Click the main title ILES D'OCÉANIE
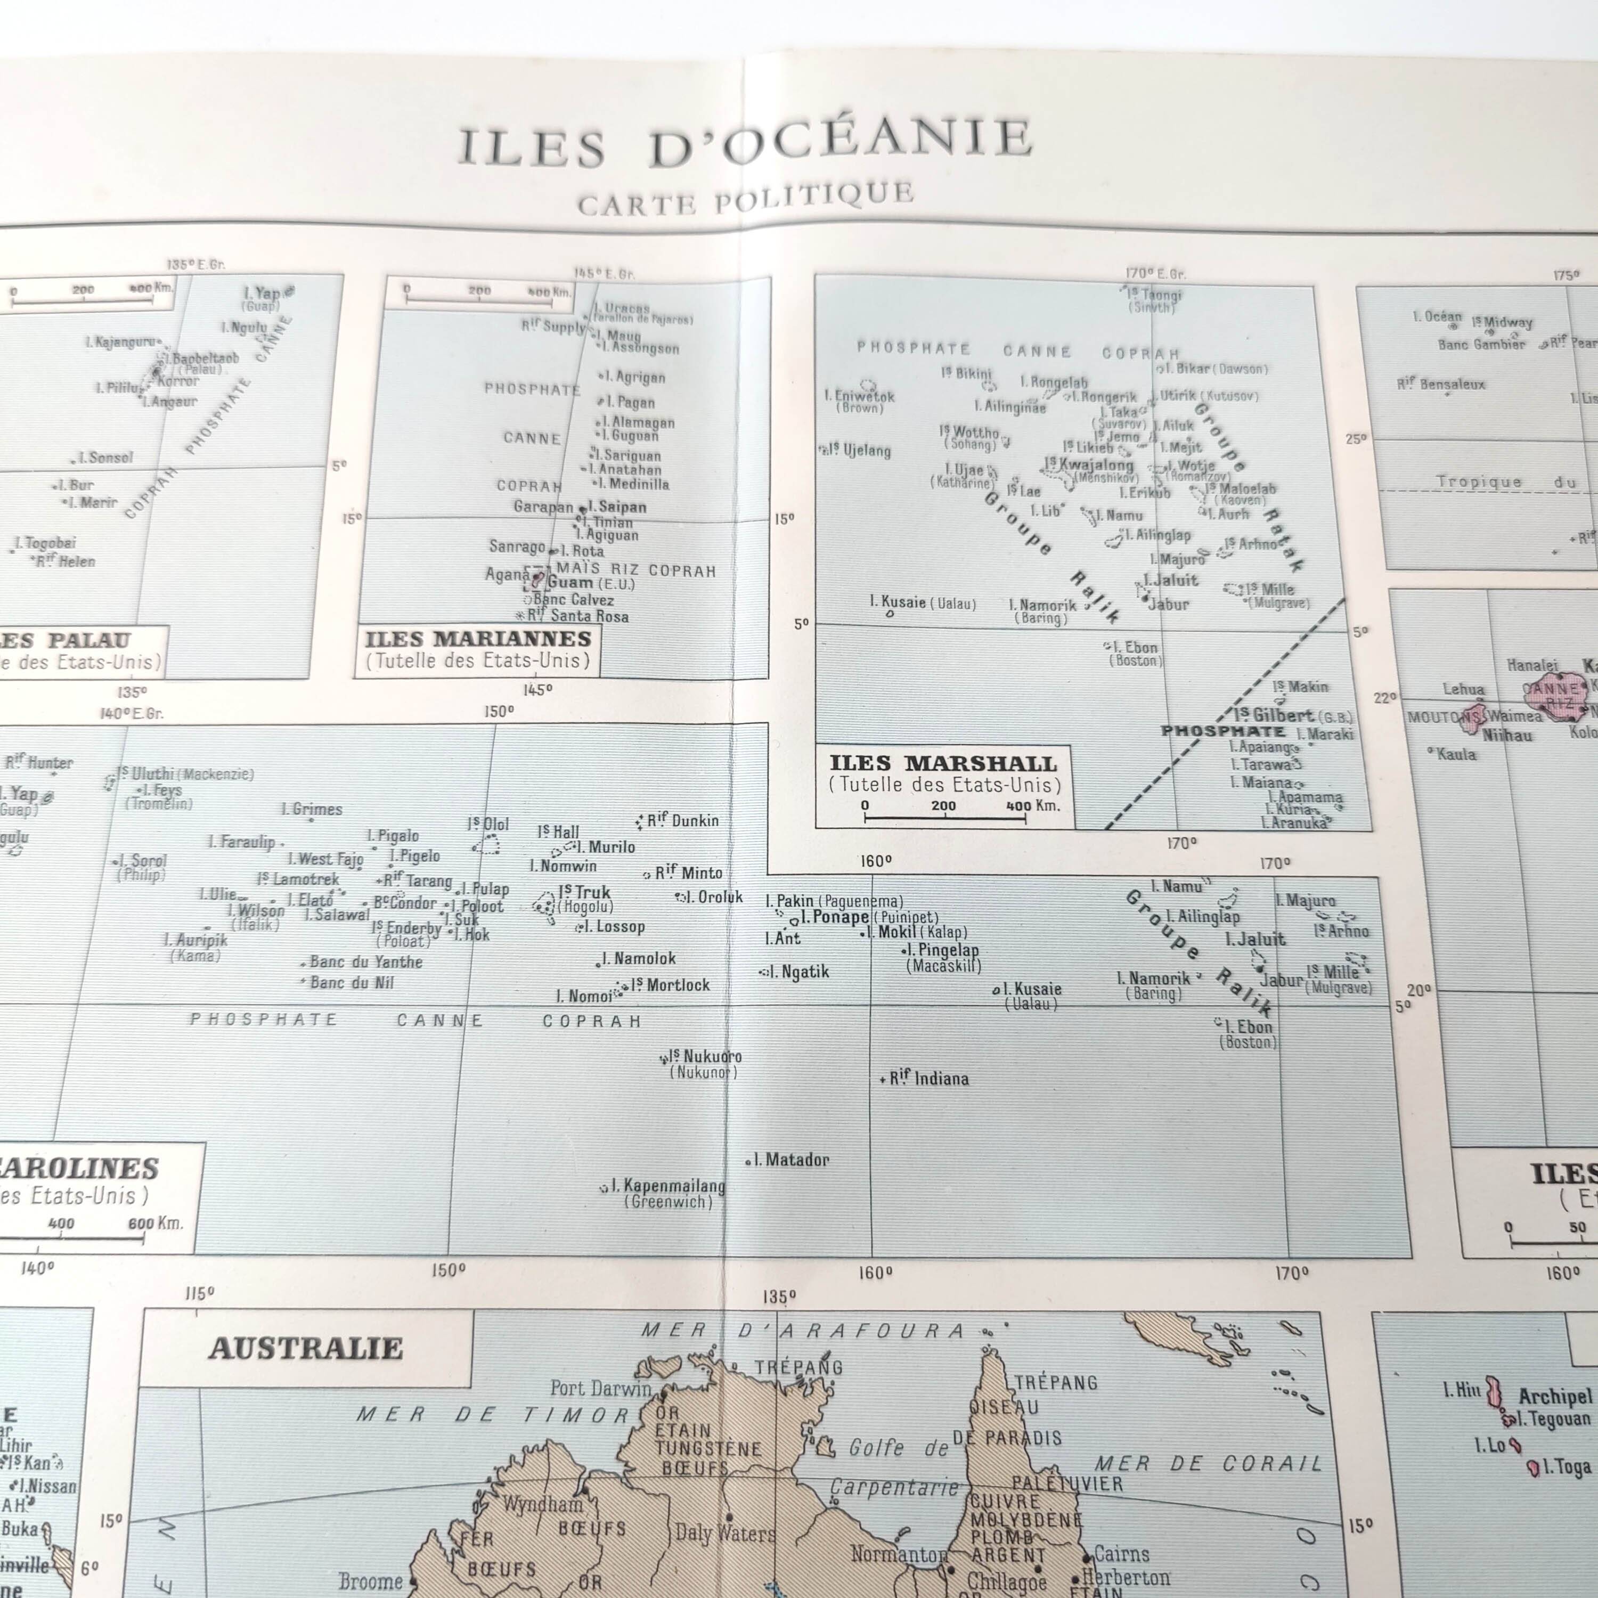click(x=745, y=145)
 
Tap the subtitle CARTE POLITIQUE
click(x=745, y=199)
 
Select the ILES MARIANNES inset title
click(x=478, y=639)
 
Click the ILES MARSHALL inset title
click(x=943, y=763)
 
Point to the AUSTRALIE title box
click(x=306, y=1348)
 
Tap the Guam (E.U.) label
click(x=590, y=583)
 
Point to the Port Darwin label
click(x=600, y=1389)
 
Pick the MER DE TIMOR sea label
click(x=493, y=1415)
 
